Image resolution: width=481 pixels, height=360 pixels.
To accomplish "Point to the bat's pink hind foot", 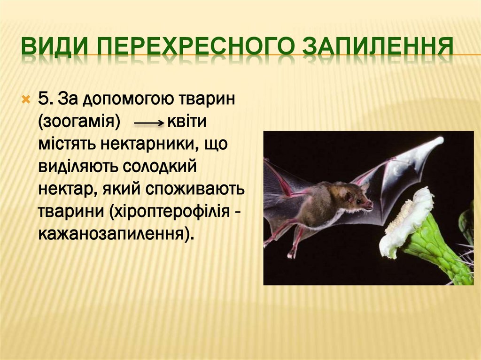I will (x=292, y=253).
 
